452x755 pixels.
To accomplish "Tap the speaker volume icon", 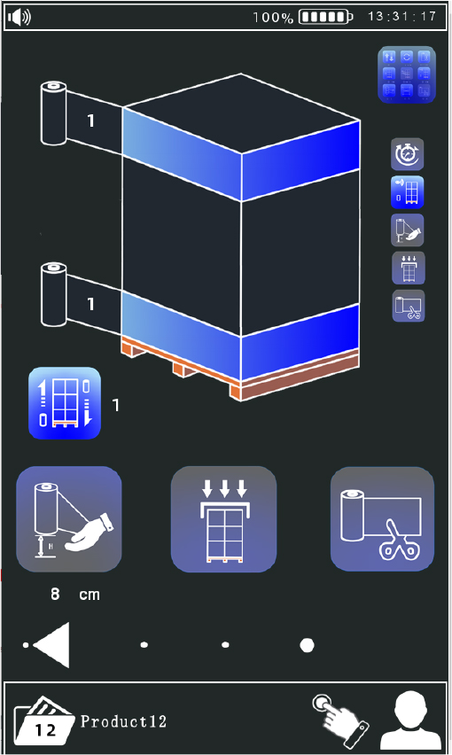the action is [19, 18].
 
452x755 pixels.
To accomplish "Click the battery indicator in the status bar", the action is [326, 18].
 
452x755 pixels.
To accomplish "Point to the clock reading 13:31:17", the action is [402, 16].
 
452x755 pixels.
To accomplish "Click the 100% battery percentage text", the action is [273, 18].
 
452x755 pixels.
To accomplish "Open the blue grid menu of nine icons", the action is [407, 74].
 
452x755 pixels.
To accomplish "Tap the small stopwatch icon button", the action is [407, 154].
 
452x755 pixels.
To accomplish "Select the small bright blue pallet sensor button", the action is [407, 192].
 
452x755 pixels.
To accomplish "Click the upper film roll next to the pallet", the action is [53, 113].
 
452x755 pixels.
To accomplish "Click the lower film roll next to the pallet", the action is [53, 294].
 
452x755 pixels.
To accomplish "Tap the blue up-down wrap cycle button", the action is [65, 403].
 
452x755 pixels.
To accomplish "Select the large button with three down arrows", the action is [224, 519].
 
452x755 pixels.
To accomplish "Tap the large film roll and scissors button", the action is [382, 519].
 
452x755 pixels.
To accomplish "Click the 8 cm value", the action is [75, 595].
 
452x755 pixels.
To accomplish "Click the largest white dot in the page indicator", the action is [307, 645].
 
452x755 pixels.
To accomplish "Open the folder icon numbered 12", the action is [43, 720].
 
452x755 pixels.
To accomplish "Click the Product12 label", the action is [123, 721].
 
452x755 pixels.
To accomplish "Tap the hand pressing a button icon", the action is [339, 720].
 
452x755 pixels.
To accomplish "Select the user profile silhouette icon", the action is [410, 720].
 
